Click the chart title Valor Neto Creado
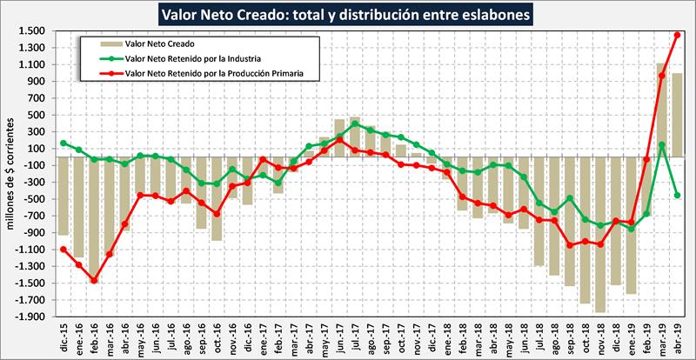[x=346, y=14]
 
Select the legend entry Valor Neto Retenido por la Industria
[x=188, y=57]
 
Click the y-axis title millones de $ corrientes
[x=11, y=174]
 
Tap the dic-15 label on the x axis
[x=64, y=337]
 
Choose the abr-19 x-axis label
[x=677, y=337]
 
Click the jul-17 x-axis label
[x=354, y=337]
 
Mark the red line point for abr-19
[x=677, y=35]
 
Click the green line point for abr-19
[x=677, y=196]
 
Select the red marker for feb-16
[x=94, y=280]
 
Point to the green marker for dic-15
[x=64, y=143]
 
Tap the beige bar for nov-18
[x=600, y=235]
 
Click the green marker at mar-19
[x=661, y=145]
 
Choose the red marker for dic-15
[x=64, y=250]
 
